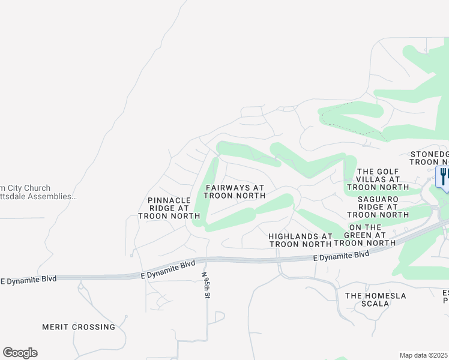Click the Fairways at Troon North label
pos(235,191)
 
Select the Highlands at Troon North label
pos(300,240)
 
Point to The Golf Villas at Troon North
pos(378,179)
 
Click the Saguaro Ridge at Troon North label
pos(378,206)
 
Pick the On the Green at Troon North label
pos(365,235)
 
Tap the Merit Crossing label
pos(79,327)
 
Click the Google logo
pos(20,353)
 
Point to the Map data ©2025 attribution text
pos(424,355)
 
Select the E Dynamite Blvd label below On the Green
pos(341,256)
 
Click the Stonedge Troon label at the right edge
pos(430,158)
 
